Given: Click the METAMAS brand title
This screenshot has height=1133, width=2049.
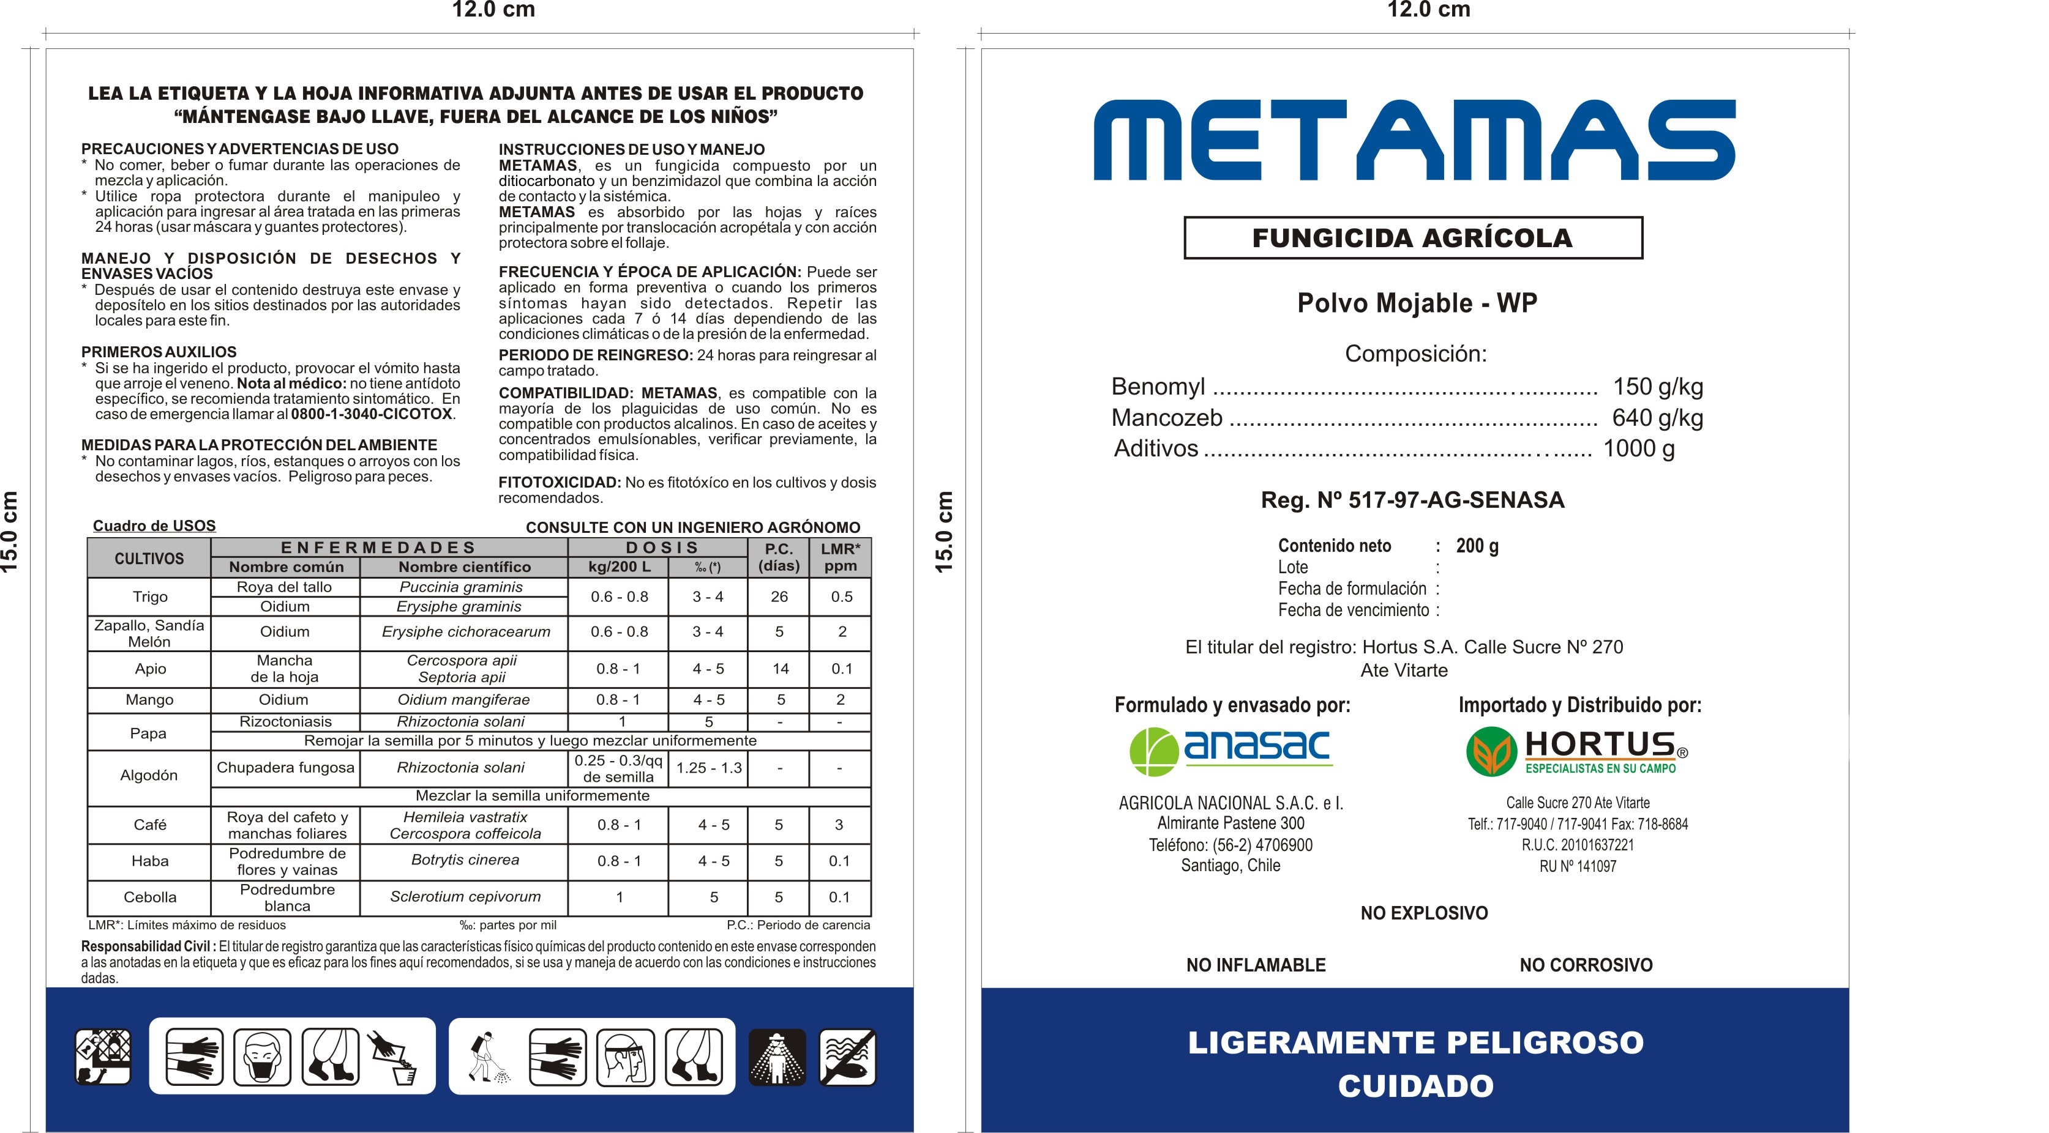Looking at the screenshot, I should point(1414,140).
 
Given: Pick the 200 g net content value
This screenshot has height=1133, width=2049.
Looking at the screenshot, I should point(1477,546).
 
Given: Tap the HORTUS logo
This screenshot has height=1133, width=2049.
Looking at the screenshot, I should point(1576,751).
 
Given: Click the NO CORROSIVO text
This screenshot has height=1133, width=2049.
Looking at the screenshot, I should point(1586,965).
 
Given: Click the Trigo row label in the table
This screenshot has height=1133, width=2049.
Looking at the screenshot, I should point(149,597).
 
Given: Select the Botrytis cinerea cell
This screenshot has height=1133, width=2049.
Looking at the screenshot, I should point(465,860).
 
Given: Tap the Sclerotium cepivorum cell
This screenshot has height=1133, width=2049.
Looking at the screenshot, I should point(465,897).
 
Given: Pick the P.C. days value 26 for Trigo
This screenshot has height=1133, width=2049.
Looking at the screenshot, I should point(779,597).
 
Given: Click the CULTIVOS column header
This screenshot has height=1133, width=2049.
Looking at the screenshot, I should point(149,558).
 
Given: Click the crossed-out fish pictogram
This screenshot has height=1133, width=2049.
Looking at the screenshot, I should point(847,1058).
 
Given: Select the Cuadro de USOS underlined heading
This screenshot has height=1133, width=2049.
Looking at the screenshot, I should point(154,526).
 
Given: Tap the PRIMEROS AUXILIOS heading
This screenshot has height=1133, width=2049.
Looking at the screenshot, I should point(159,351).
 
